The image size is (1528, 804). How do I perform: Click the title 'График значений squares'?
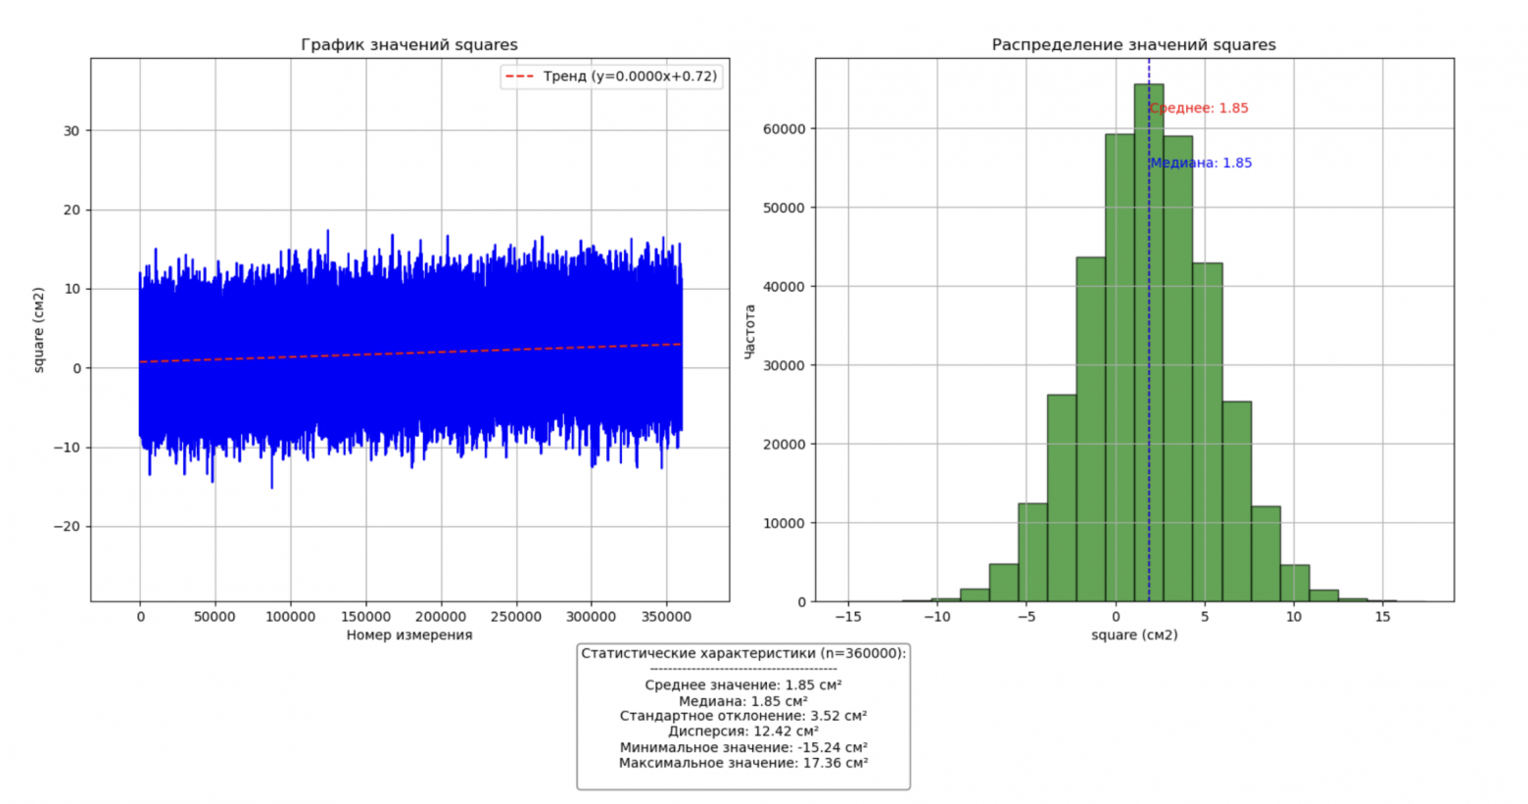(408, 45)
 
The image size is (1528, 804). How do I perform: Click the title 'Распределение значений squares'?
(1133, 45)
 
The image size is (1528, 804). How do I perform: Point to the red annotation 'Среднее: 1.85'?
(1199, 109)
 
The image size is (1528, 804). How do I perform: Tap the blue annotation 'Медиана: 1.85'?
(1201, 164)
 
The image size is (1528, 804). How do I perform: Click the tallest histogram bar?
(1149, 343)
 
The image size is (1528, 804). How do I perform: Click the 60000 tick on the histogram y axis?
(784, 129)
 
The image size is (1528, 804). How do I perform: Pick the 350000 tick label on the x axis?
(665, 617)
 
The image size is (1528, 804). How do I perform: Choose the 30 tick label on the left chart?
(72, 131)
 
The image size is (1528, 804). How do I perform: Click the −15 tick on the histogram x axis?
(847, 617)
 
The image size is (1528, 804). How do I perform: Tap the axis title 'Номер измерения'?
(408, 636)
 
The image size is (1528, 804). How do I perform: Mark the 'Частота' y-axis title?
(750, 331)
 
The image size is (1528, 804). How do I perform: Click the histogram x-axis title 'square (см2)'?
(1133, 636)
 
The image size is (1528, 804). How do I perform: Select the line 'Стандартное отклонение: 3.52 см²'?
(742, 716)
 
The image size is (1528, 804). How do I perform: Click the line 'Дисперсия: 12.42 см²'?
(742, 732)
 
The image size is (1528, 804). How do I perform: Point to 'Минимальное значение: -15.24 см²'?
(742, 747)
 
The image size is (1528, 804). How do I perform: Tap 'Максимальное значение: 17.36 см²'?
(742, 763)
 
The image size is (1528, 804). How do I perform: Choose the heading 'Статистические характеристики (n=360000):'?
(743, 653)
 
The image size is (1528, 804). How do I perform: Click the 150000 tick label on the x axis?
(365, 617)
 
